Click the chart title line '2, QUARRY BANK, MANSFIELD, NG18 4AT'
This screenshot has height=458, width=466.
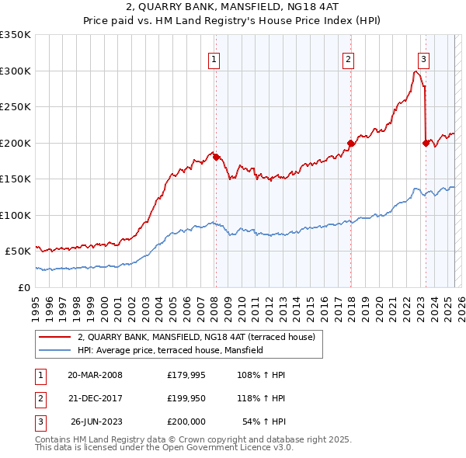[x=233, y=8]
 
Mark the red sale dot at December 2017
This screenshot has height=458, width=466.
[x=351, y=143]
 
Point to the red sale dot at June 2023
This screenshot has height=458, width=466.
[x=426, y=143]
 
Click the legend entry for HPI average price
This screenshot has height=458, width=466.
[x=170, y=350]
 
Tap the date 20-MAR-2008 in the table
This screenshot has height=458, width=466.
[x=96, y=375]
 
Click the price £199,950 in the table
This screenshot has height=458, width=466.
[x=186, y=398]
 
